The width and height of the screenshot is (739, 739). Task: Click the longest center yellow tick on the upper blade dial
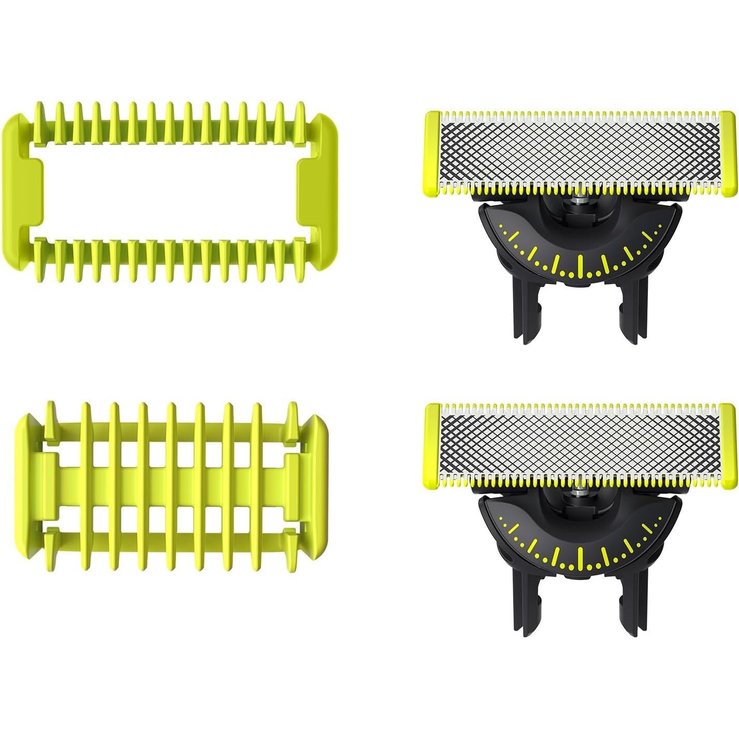pos(579,265)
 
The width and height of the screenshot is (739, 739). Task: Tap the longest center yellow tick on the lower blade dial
pos(579,557)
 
